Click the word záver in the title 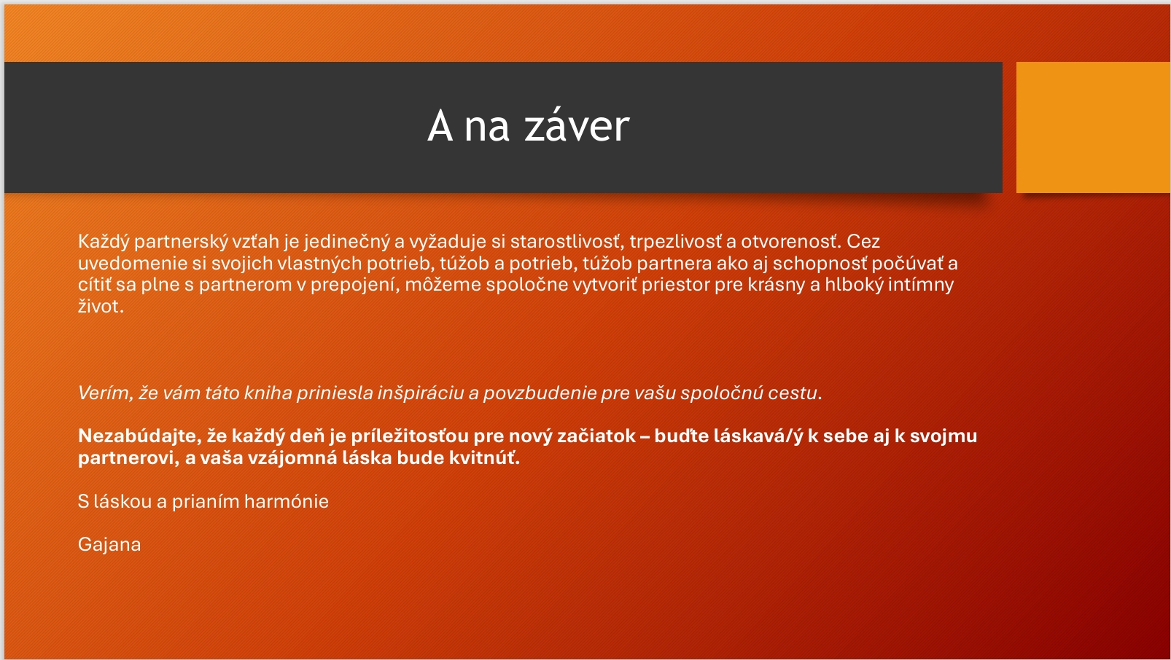pos(577,126)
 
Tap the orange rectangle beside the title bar pos(1093,127)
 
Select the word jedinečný pos(346,242)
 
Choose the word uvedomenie pos(132,263)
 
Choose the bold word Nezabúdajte pos(139,436)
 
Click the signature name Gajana pos(109,545)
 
